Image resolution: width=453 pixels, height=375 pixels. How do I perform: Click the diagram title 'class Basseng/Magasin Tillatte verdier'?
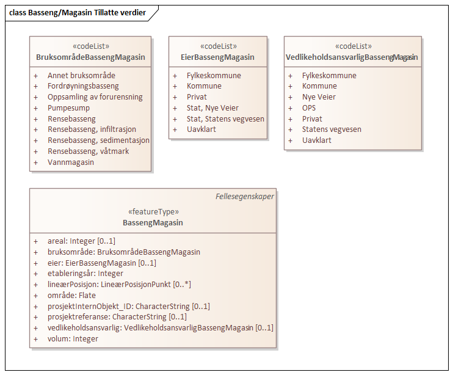78,12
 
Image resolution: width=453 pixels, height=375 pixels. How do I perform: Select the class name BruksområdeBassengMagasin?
91,57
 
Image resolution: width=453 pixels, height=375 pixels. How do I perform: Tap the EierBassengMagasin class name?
218,57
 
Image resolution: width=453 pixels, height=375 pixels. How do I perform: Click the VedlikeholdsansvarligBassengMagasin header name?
352,57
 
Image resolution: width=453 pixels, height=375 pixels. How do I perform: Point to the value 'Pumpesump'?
68,107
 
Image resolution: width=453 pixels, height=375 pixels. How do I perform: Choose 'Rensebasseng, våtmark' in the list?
88,151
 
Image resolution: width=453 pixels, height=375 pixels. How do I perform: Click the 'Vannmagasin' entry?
71,162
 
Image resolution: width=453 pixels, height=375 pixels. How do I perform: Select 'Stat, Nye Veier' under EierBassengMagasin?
212,108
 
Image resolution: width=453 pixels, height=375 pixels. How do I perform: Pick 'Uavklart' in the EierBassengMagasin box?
201,129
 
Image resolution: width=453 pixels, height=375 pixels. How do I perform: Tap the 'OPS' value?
309,107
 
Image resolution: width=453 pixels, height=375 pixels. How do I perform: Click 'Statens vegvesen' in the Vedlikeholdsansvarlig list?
332,129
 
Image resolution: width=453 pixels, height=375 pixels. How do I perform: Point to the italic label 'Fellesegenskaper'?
245,197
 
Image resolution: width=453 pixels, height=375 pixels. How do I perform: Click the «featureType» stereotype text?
153,212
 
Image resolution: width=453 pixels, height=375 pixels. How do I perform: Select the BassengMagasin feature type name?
153,223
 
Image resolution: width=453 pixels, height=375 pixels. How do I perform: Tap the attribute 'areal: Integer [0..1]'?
81,241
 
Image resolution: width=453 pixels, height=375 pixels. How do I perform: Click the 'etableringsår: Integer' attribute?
85,274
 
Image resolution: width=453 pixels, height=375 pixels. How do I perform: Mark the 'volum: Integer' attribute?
73,339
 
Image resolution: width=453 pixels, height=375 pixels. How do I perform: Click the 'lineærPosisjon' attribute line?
118,285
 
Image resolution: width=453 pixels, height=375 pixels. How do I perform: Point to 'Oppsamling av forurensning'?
95,97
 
